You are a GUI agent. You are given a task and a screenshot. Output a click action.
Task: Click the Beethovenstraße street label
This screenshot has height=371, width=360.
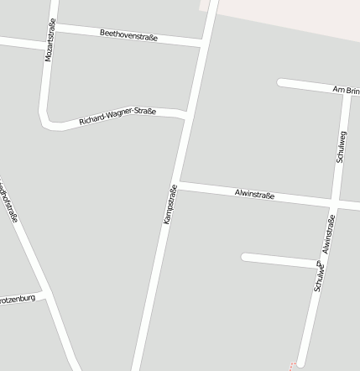pyautogui.click(x=128, y=34)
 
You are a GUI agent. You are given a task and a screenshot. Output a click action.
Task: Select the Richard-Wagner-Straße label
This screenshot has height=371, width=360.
pyautogui.click(x=117, y=117)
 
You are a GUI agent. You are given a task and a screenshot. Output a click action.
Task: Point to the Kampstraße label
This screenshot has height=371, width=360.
pyautogui.click(x=170, y=204)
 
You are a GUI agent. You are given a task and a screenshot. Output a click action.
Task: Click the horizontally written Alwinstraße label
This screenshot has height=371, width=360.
pyautogui.click(x=254, y=195)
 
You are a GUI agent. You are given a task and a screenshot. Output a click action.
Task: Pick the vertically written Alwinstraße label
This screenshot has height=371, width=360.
pyautogui.click(x=328, y=234)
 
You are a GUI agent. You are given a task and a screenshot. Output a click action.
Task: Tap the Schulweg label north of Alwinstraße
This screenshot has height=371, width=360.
pyautogui.click(x=341, y=146)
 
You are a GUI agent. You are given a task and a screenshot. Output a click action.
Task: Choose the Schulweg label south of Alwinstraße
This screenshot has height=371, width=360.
pyautogui.click(x=319, y=276)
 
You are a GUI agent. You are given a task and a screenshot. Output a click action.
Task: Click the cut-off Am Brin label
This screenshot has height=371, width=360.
pyautogui.click(x=346, y=89)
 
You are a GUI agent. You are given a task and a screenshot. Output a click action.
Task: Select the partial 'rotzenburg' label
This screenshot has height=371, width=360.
pyautogui.click(x=17, y=298)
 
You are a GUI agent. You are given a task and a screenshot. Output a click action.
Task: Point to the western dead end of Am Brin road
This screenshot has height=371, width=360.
pyautogui.click(x=281, y=82)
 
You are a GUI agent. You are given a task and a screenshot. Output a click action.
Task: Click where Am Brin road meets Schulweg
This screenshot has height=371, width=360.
pyautogui.click(x=347, y=91)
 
